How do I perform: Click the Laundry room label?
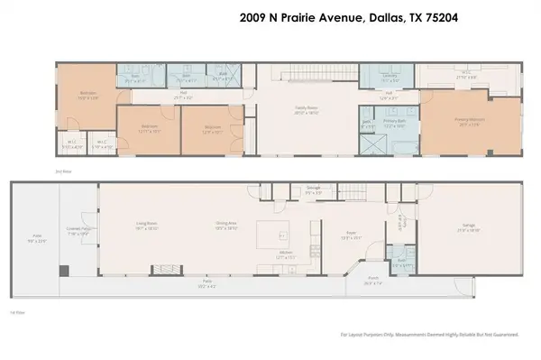tap(390, 77)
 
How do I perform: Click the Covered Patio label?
tap(73, 234)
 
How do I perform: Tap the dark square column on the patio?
tap(63, 271)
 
